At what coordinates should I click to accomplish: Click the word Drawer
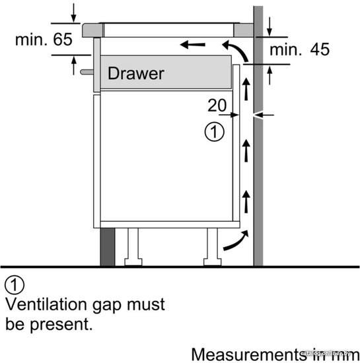(136, 73)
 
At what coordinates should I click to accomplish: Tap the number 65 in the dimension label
(63, 40)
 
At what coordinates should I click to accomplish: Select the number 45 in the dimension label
(320, 49)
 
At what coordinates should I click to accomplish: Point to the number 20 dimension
(217, 106)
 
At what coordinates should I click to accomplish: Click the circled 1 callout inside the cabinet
(214, 132)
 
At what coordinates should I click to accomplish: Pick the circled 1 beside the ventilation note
(15, 284)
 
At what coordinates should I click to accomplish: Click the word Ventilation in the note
(46, 304)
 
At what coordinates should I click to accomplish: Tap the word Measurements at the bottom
(247, 354)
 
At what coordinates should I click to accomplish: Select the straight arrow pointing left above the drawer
(192, 44)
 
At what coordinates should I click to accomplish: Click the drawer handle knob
(87, 72)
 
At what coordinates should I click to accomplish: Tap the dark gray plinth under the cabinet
(108, 247)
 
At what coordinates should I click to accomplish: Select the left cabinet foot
(133, 247)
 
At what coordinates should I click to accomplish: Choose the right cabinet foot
(213, 247)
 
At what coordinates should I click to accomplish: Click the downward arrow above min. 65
(74, 13)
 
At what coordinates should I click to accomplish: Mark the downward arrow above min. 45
(270, 26)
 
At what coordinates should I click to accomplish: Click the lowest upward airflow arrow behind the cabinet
(246, 201)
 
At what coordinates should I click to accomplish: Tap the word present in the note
(61, 325)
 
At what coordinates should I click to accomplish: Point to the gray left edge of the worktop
(93, 30)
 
